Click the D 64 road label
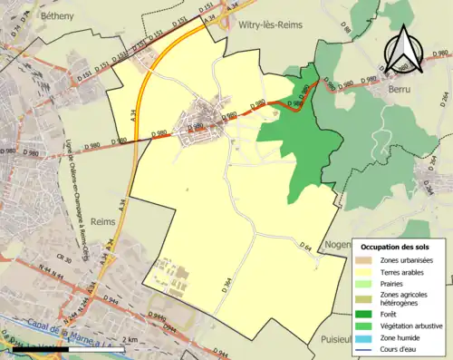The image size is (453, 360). coord(305,246)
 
